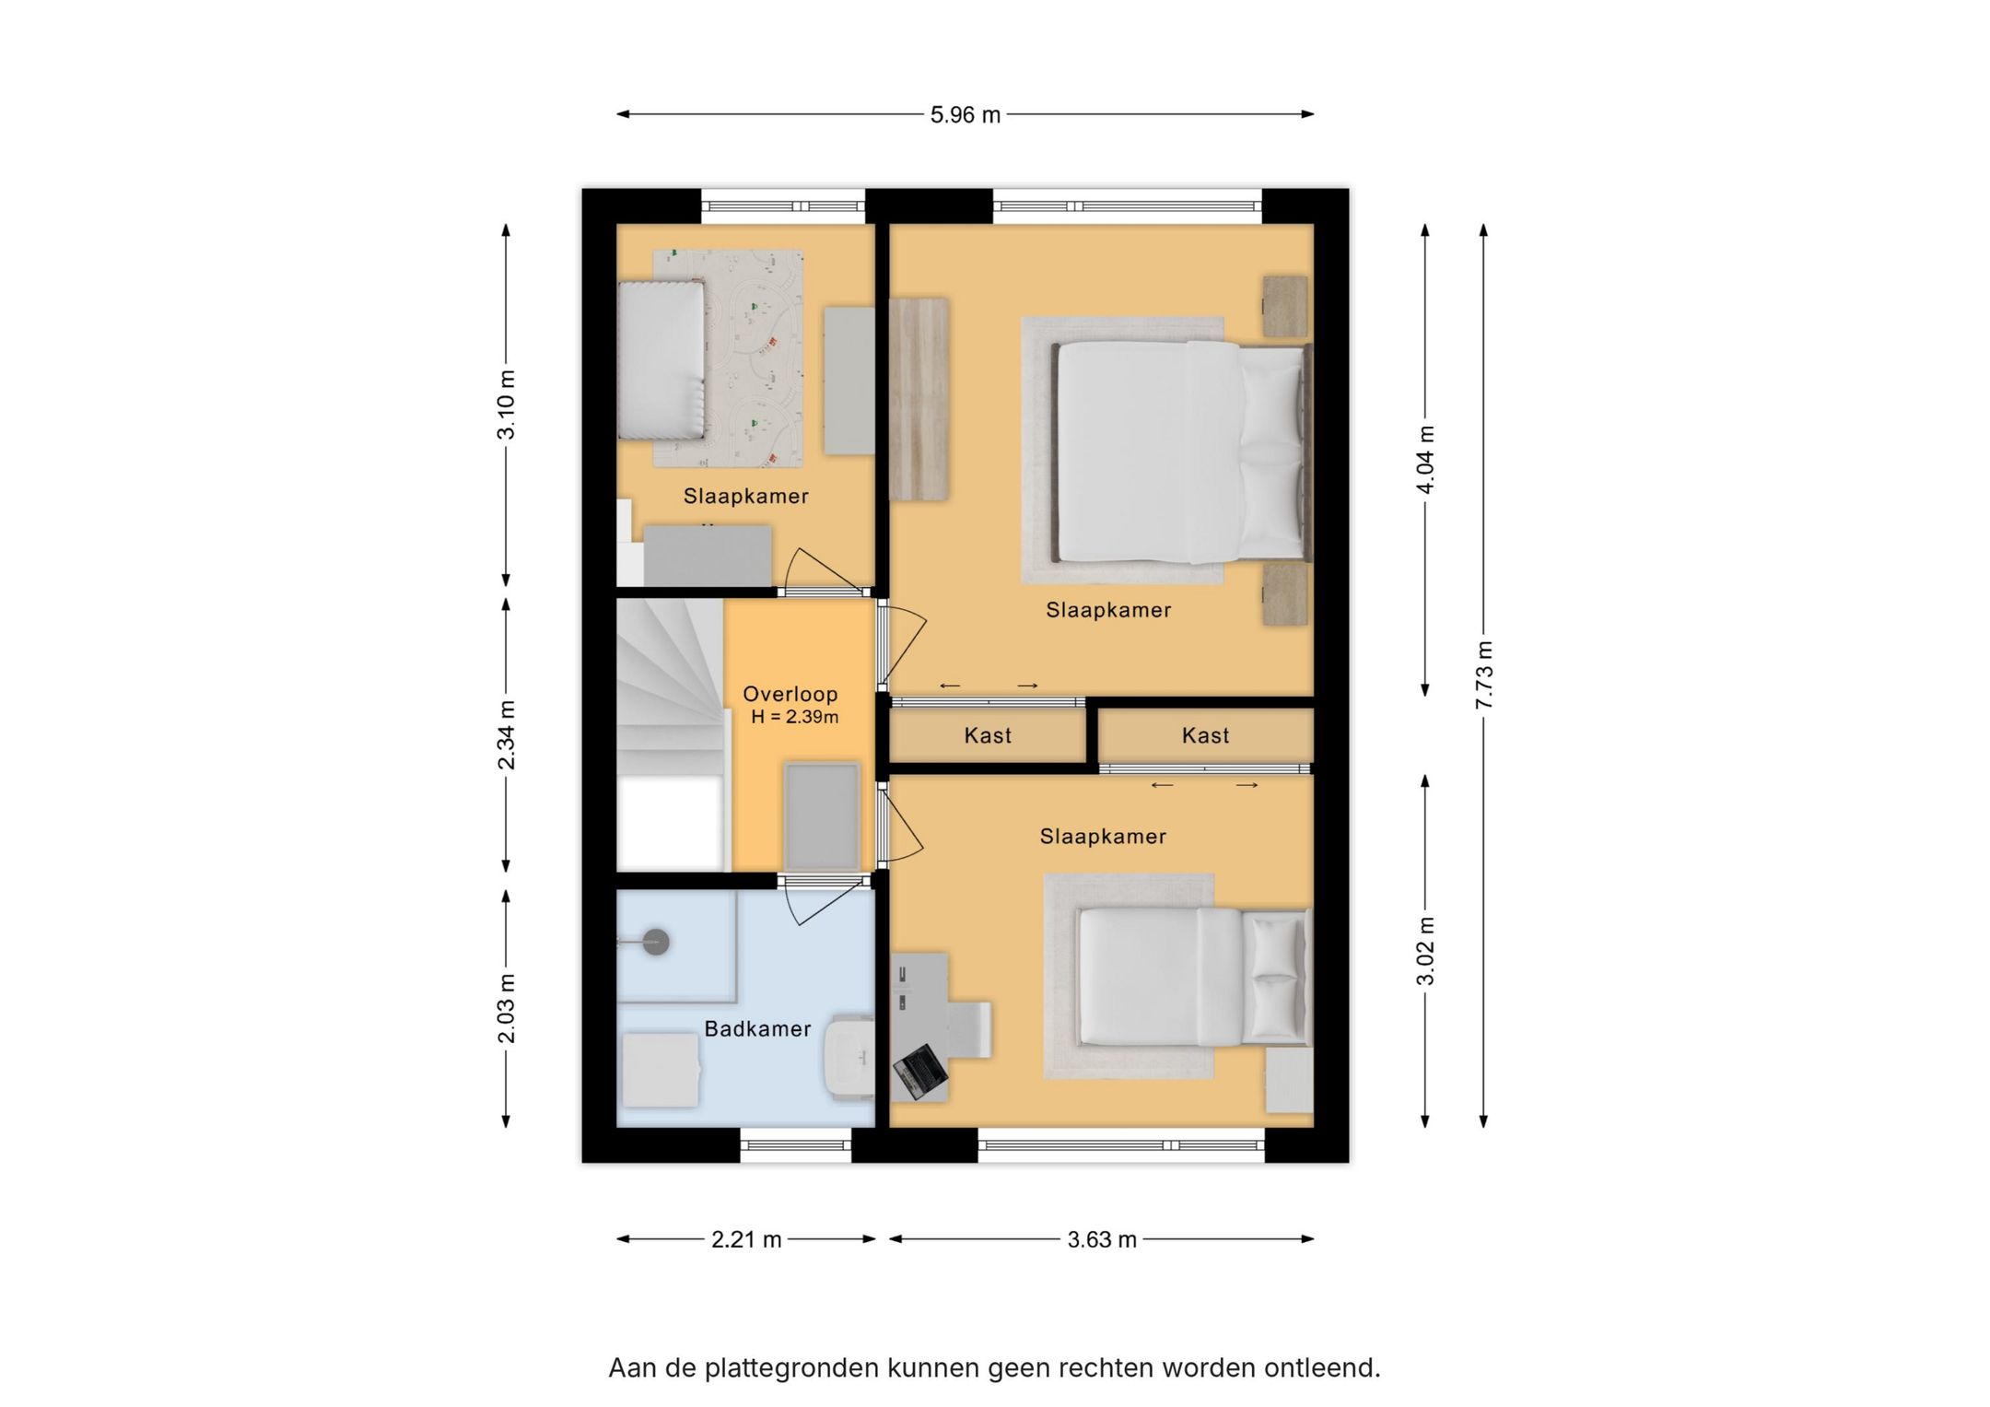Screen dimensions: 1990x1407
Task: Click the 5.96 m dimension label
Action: point(965,115)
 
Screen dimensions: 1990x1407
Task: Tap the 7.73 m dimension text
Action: point(1483,675)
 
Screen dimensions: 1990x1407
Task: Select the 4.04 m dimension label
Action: point(1425,460)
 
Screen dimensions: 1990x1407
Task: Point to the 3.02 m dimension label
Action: point(1425,951)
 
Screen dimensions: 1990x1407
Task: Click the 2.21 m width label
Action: point(746,1239)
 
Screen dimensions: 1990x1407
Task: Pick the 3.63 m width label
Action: point(1102,1239)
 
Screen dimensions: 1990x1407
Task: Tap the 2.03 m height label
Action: point(507,1008)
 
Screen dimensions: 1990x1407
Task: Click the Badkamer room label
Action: point(757,1028)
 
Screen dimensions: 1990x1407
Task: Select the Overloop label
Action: point(790,694)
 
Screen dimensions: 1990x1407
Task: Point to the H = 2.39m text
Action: point(794,717)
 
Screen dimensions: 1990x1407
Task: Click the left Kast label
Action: point(988,735)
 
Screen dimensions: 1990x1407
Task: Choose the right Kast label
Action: point(1205,735)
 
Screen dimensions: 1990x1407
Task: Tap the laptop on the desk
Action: point(920,1072)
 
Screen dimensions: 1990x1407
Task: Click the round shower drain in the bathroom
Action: point(655,942)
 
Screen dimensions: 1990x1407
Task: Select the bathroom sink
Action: point(849,1058)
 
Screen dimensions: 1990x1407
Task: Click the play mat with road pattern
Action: point(728,358)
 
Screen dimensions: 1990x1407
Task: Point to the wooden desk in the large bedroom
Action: point(919,399)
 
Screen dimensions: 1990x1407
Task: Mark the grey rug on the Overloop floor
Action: point(822,815)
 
